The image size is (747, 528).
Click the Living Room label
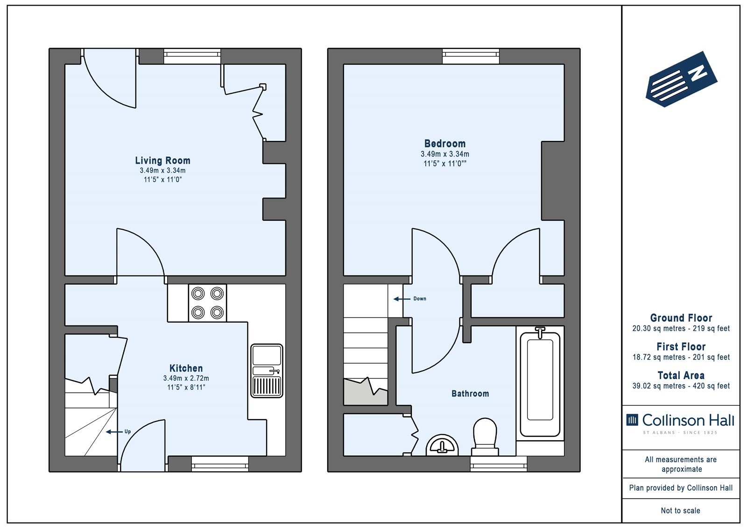pyautogui.click(x=163, y=161)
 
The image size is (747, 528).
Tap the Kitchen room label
pyautogui.click(x=186, y=368)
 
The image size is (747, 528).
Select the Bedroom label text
pyautogui.click(x=445, y=144)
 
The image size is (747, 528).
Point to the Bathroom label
pyautogui.click(x=470, y=394)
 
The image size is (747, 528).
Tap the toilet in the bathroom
pyautogui.click(x=485, y=437)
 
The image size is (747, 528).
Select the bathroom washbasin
pyautogui.click(x=442, y=445)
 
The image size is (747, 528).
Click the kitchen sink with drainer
pyautogui.click(x=267, y=371)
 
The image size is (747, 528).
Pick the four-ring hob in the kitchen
pyautogui.click(x=207, y=303)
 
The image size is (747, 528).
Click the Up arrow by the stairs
pyautogui.click(x=114, y=432)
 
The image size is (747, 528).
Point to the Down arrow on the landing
pyautogui.click(x=402, y=299)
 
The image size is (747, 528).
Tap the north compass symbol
pyautogui.click(x=681, y=79)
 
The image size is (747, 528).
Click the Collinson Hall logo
pyautogui.click(x=680, y=422)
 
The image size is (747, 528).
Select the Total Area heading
pyautogui.click(x=681, y=375)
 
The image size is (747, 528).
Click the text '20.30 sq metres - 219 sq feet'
pyautogui.click(x=681, y=329)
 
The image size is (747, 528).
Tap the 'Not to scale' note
pyautogui.click(x=681, y=511)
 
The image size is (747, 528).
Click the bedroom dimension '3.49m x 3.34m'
pyautogui.click(x=445, y=154)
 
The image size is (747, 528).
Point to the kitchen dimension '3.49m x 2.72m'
pyautogui.click(x=186, y=378)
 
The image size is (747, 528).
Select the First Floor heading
pyautogui.click(x=681, y=346)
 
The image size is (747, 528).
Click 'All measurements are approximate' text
pyautogui.click(x=681, y=465)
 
